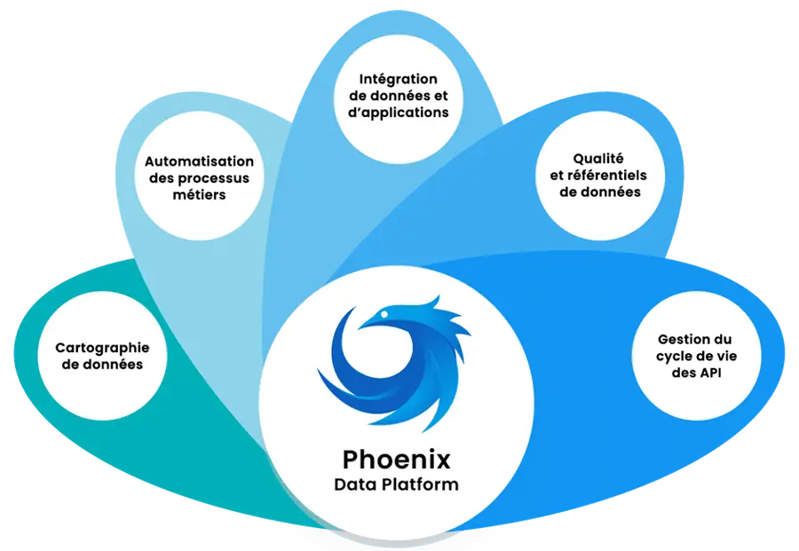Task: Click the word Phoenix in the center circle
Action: pyautogui.click(x=396, y=460)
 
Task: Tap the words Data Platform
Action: pyautogui.click(x=396, y=484)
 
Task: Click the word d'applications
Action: pyautogui.click(x=410, y=113)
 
